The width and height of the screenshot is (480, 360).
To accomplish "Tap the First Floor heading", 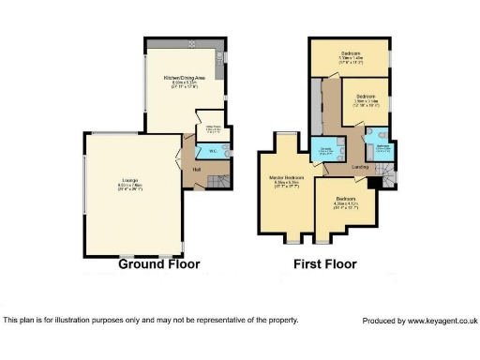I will tap(324, 264).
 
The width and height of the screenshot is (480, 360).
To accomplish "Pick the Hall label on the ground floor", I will tap(197, 168).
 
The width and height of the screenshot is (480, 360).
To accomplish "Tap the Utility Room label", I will tap(213, 129).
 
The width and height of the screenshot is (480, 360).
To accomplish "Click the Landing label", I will tap(360, 167).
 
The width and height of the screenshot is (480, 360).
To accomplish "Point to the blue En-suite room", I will tap(326, 150).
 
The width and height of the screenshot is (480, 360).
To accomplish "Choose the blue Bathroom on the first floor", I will tap(382, 149).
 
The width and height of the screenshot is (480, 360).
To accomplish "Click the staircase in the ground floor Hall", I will tap(217, 178).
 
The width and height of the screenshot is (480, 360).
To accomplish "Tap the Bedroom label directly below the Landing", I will tap(346, 199).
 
